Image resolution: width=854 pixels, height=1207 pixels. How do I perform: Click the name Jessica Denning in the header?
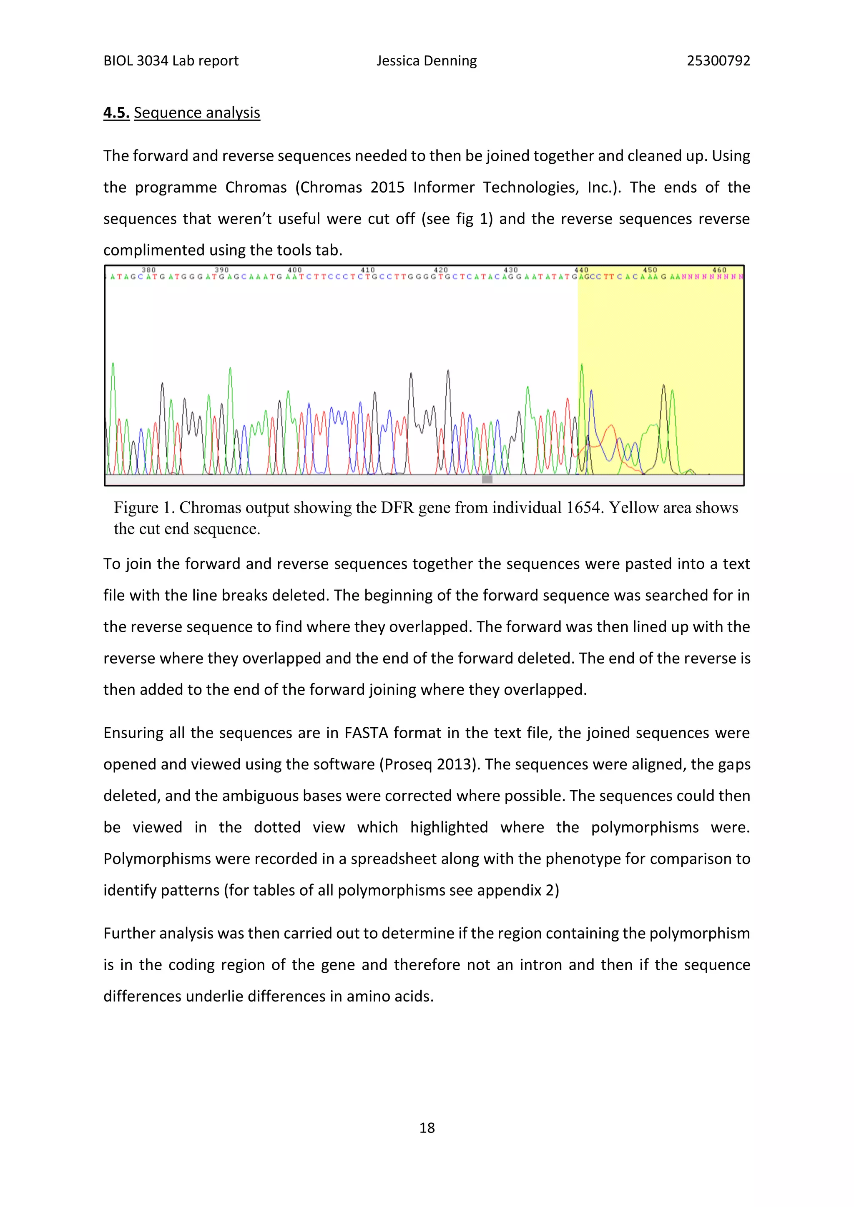(427, 61)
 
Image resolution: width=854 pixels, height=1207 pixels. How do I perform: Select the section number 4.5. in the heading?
(116, 113)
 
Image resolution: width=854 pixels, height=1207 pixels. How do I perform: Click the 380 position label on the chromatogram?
(149, 270)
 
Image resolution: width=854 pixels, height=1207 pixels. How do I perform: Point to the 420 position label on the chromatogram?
(441, 270)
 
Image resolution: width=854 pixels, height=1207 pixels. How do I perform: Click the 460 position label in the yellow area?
(719, 270)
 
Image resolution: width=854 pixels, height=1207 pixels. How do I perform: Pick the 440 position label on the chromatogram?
(581, 270)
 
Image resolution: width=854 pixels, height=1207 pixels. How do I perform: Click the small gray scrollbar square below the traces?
(487, 479)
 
